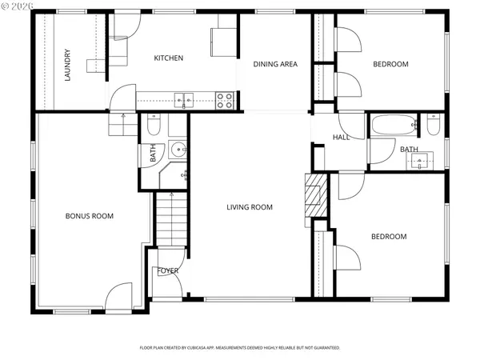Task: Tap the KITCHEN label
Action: [x=169, y=58]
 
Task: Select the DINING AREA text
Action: [x=276, y=64]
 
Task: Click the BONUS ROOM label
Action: [x=89, y=216]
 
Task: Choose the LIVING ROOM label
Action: [x=249, y=207]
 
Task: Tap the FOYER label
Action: [x=168, y=270]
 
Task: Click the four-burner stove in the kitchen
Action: [x=226, y=100]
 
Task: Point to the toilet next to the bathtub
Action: [x=433, y=125]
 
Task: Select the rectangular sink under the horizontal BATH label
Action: [x=421, y=161]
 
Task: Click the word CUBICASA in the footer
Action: [x=207, y=348]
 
